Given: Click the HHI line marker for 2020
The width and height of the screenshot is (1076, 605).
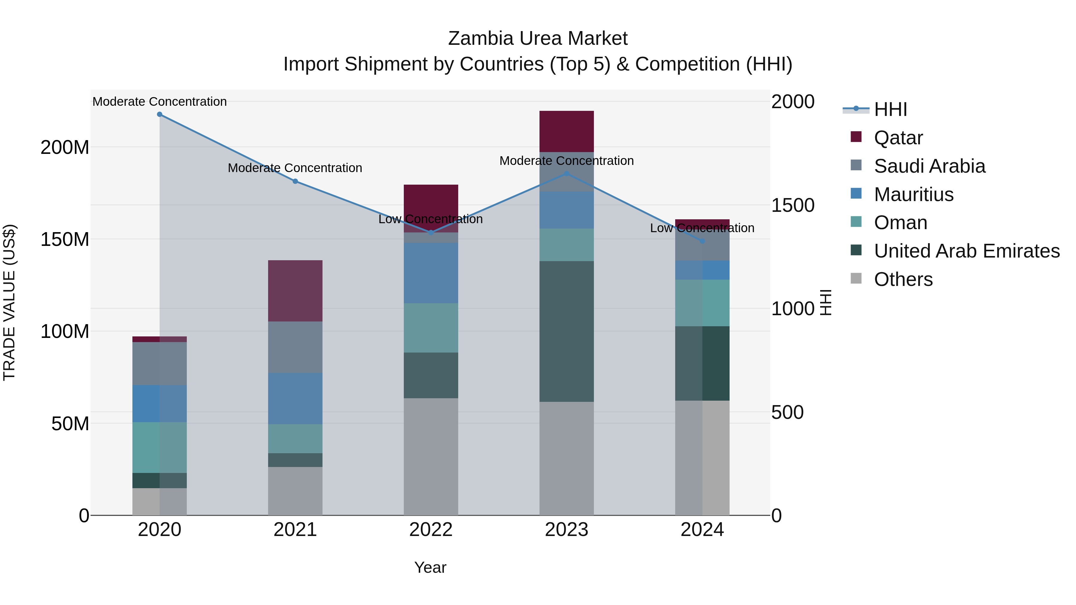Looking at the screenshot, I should [x=160, y=114].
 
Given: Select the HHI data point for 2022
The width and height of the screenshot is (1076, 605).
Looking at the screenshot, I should [x=431, y=232].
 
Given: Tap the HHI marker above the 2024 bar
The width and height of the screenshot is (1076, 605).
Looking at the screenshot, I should [x=702, y=241].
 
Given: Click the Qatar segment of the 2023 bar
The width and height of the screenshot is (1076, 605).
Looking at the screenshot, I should [x=566, y=131].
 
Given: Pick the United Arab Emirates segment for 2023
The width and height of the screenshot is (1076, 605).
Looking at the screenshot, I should [x=566, y=332].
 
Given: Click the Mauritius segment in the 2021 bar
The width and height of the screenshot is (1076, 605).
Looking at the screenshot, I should [x=295, y=399].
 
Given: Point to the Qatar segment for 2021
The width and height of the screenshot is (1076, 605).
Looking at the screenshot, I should [x=295, y=291].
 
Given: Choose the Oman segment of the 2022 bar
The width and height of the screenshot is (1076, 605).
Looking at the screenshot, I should [x=431, y=328].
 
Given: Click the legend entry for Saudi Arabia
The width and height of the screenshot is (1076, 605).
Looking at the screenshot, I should [x=929, y=166].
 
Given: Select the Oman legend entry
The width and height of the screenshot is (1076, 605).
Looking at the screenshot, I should [x=900, y=223].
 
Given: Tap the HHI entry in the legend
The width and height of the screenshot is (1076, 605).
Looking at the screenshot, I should [x=890, y=109].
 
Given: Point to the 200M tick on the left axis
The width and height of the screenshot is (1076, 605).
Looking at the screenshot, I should [x=65, y=147].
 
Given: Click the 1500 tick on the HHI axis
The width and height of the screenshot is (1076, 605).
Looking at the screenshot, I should [x=792, y=206].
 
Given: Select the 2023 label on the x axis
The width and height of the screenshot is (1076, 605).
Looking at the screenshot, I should [x=566, y=530].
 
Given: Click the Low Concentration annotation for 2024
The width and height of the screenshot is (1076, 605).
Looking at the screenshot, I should [x=702, y=228].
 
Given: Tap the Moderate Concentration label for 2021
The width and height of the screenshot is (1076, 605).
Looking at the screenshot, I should [x=295, y=168].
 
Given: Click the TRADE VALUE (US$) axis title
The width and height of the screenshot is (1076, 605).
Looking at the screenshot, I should [x=9, y=302].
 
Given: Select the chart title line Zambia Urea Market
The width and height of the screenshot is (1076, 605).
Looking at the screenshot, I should [x=538, y=39].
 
